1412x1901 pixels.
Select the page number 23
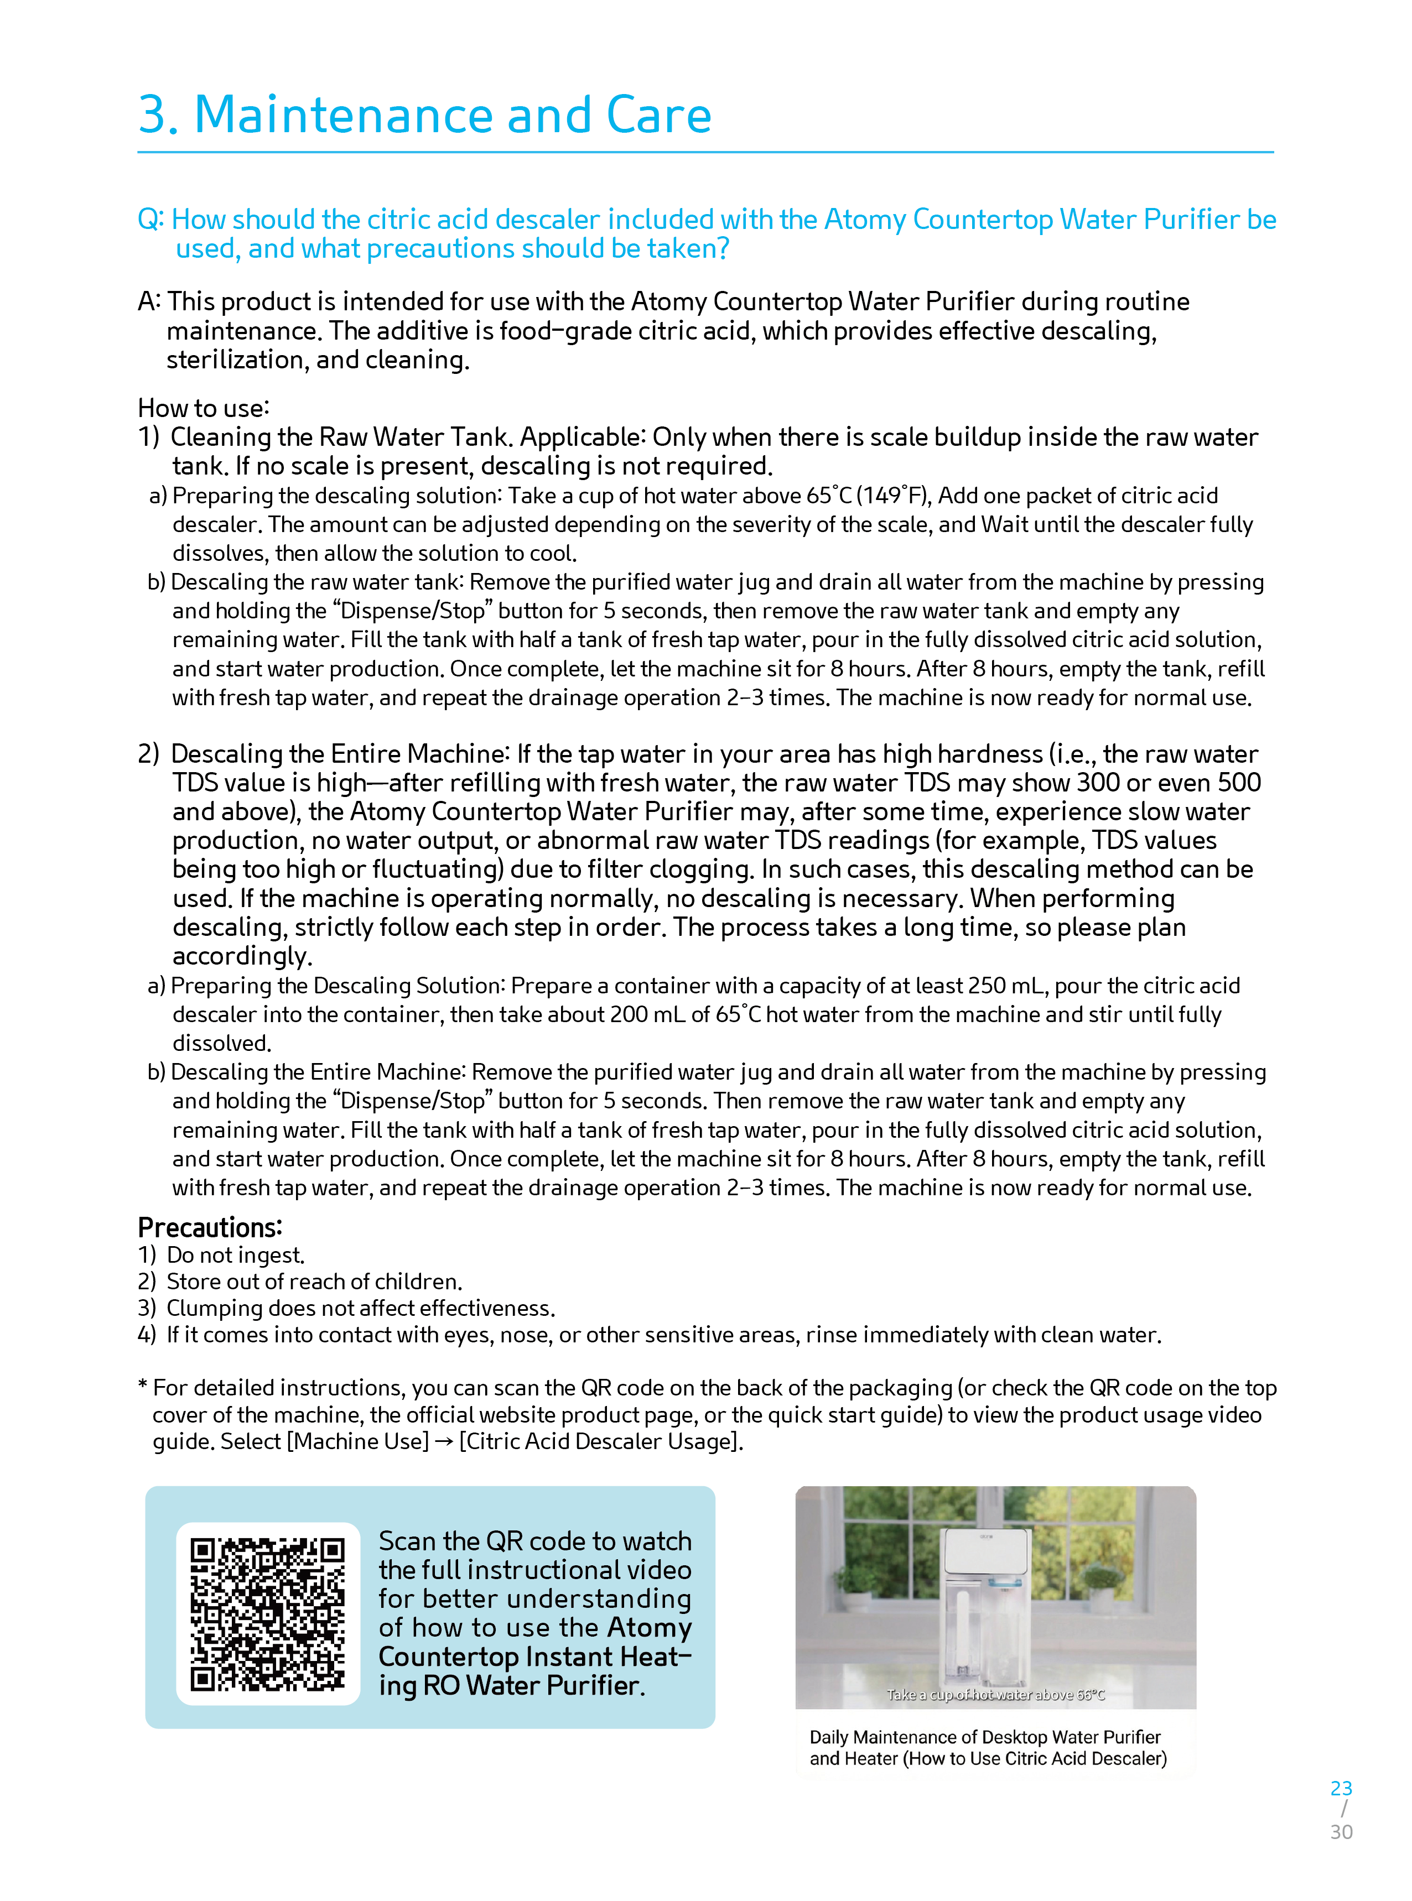[1341, 1788]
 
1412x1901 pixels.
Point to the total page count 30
[1341, 1832]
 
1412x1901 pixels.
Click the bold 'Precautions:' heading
[209, 1228]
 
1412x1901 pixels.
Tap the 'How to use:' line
[204, 408]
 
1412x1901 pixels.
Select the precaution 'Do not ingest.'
[235, 1255]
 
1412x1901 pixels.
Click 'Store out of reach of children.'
[314, 1282]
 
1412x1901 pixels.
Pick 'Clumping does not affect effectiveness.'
[360, 1308]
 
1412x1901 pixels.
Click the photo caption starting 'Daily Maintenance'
[987, 1747]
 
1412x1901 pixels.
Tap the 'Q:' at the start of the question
[150, 220]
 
